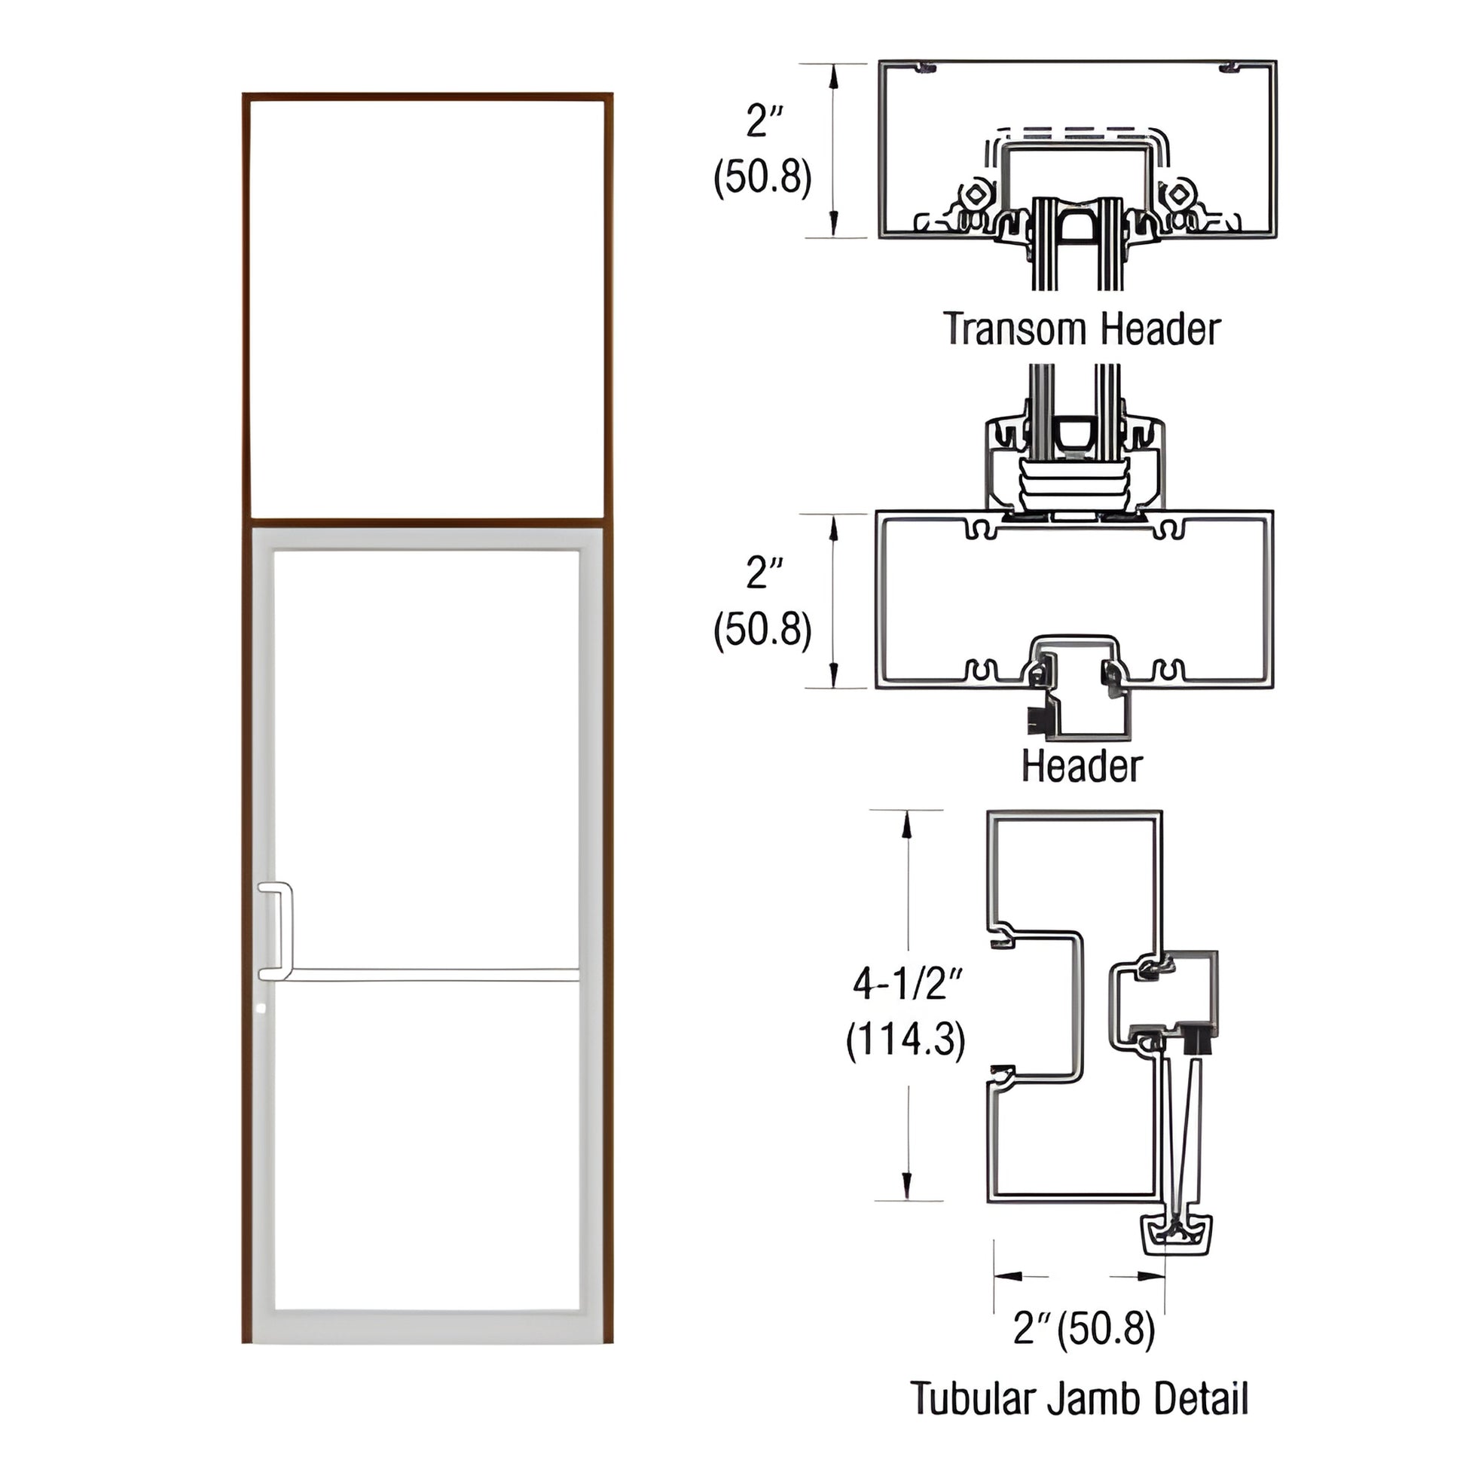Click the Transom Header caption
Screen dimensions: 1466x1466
point(1081,329)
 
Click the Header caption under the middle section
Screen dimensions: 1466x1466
point(1080,766)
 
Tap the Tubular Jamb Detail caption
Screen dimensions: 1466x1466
point(1079,1398)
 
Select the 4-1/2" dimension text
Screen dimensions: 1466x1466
point(908,985)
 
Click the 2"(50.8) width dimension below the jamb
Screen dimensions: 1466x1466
point(1084,1329)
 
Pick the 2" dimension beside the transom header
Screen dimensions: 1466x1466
point(764,121)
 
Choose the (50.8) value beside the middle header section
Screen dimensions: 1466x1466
point(762,630)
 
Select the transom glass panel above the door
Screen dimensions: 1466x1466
point(426,307)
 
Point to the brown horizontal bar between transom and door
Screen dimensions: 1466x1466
point(426,523)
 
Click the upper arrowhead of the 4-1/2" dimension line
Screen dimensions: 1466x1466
point(906,829)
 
